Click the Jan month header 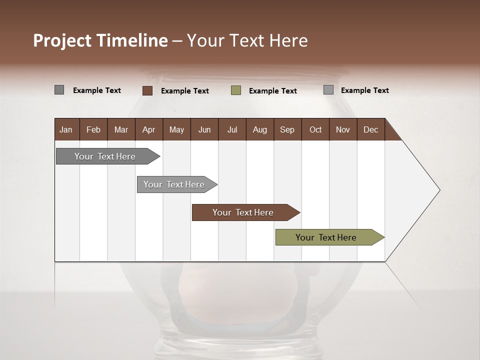(x=66, y=129)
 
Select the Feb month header (x=93, y=129)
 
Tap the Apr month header (x=148, y=129)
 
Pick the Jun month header (x=204, y=129)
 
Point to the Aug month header (x=259, y=129)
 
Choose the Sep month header (x=287, y=129)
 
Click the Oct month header (x=315, y=129)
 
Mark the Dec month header (x=370, y=129)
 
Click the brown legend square (x=147, y=90)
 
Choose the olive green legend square (x=236, y=90)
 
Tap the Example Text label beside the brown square (x=185, y=91)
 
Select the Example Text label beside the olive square (x=273, y=91)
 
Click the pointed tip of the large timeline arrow (x=438, y=190)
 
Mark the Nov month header (x=343, y=129)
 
